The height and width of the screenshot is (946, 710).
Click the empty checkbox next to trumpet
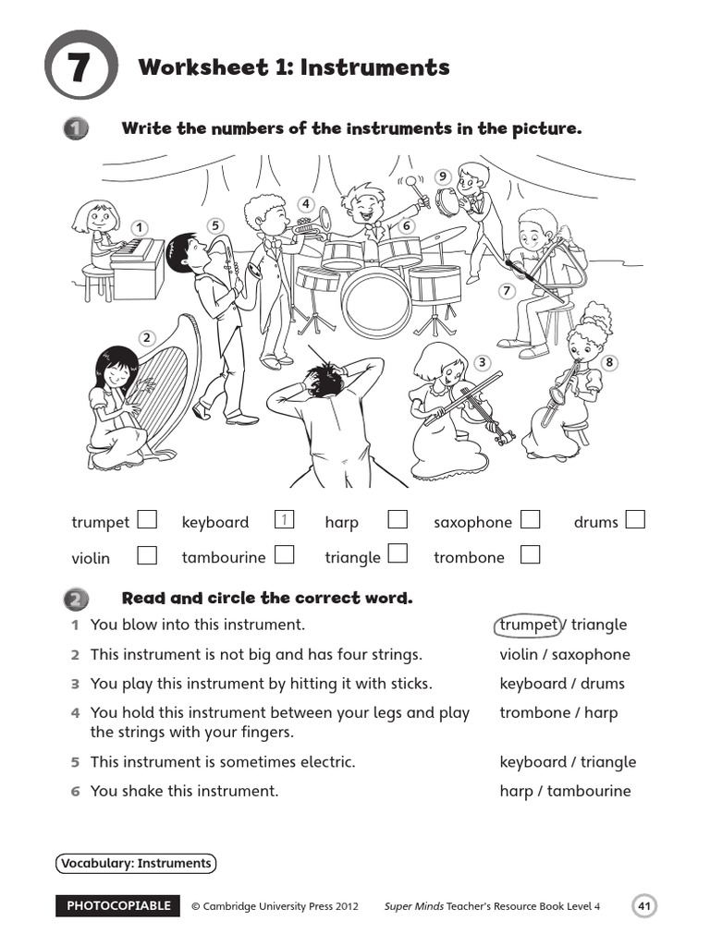pyautogui.click(x=147, y=520)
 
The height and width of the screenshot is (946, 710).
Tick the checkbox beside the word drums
pyautogui.click(x=635, y=520)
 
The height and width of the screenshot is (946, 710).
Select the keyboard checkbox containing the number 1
pyautogui.click(x=286, y=520)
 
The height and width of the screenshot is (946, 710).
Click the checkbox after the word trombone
pyautogui.click(x=530, y=555)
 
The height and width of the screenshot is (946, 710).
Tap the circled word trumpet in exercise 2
pyautogui.click(x=529, y=625)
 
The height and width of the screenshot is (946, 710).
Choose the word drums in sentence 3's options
pyautogui.click(x=602, y=684)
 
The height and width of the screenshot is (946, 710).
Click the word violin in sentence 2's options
pyautogui.click(x=519, y=655)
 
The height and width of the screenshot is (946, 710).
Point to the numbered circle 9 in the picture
pyautogui.click(x=443, y=176)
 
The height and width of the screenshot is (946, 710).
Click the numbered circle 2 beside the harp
pyautogui.click(x=146, y=337)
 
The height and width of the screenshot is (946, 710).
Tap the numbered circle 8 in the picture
pyautogui.click(x=609, y=363)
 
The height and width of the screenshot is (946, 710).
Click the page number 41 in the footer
pyautogui.click(x=644, y=906)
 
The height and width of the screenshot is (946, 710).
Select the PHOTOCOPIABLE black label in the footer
pyautogui.click(x=118, y=906)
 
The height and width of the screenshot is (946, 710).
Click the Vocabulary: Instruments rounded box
pyautogui.click(x=136, y=864)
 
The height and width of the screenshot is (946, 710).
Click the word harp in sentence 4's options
pyautogui.click(x=601, y=712)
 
